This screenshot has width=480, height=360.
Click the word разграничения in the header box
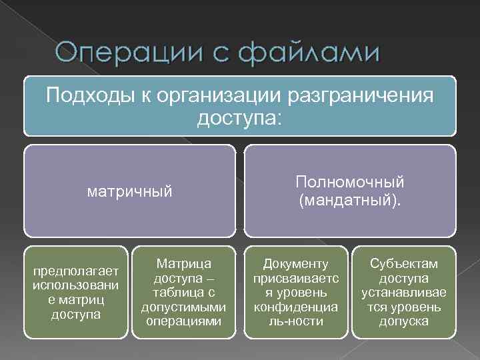tap(360, 97)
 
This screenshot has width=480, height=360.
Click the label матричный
tap(130, 192)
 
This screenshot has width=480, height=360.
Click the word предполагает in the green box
tap(75, 271)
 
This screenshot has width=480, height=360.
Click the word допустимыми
tap(184, 307)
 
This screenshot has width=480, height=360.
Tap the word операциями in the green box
tap(184, 322)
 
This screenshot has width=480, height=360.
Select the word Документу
tap(296, 264)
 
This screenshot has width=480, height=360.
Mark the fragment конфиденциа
tap(296, 307)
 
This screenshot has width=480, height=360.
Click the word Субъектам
tap(404, 264)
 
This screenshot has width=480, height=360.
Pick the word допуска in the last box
tap(404, 322)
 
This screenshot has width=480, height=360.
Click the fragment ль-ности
tap(296, 322)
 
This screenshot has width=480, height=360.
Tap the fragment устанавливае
tap(404, 293)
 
